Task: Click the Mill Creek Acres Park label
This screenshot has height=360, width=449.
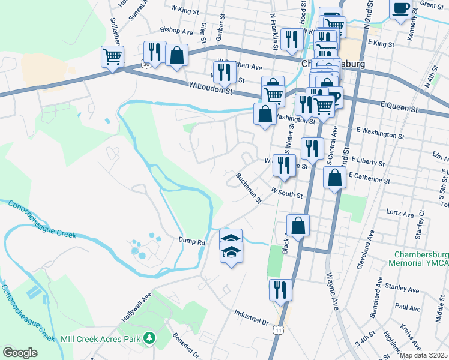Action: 100,338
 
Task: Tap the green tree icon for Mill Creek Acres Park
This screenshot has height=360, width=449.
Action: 149,339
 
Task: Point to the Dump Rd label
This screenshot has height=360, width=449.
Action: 191,242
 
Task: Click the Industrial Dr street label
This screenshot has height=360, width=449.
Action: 251,317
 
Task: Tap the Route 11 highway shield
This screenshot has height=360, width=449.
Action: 277,329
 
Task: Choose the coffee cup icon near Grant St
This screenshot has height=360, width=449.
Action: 401,10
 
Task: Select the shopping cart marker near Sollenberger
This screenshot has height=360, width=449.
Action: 112,58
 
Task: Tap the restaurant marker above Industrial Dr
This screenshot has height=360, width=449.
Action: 280,290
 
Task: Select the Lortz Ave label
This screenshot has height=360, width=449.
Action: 400,214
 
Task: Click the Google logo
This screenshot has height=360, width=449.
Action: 20,352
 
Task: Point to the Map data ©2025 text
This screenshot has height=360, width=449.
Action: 423,355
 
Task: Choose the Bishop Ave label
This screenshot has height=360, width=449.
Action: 176,30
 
